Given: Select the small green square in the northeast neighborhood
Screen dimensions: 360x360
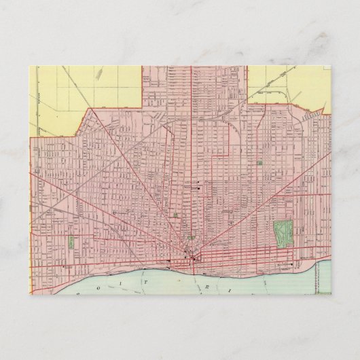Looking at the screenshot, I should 260,163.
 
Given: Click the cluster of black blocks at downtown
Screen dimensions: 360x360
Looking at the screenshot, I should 192,256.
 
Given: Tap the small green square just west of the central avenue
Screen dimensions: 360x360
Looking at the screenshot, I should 176,215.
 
